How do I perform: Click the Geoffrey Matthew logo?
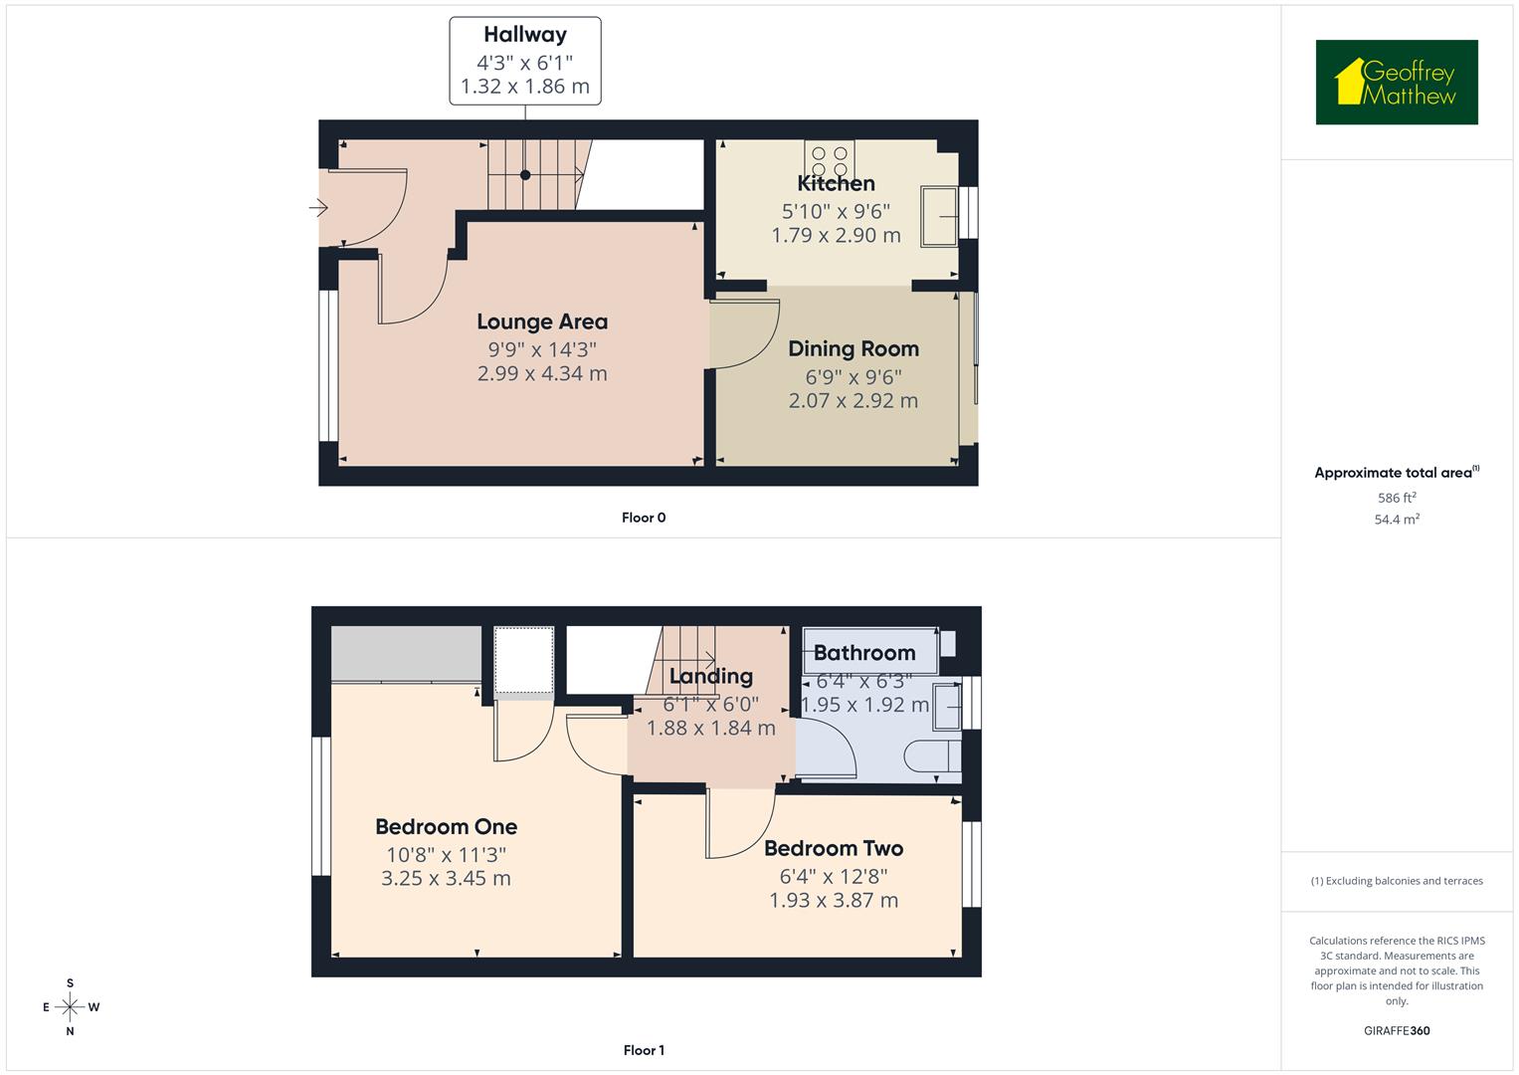1397,82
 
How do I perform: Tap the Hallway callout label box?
525,61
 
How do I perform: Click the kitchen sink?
939,216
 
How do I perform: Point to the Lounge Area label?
542,322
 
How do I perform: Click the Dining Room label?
854,348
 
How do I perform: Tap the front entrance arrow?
318,207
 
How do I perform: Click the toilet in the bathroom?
932,755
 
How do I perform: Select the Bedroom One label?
447,826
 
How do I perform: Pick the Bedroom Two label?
834,848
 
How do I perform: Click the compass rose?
70,1006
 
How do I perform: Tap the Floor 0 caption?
644,518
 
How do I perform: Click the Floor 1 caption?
644,1050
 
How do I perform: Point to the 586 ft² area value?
1397,498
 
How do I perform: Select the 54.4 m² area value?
1397,520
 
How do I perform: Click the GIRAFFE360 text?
1397,1031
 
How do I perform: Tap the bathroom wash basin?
947,707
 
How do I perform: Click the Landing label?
710,676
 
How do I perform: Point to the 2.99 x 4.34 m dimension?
542,373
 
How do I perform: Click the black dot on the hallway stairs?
525,175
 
